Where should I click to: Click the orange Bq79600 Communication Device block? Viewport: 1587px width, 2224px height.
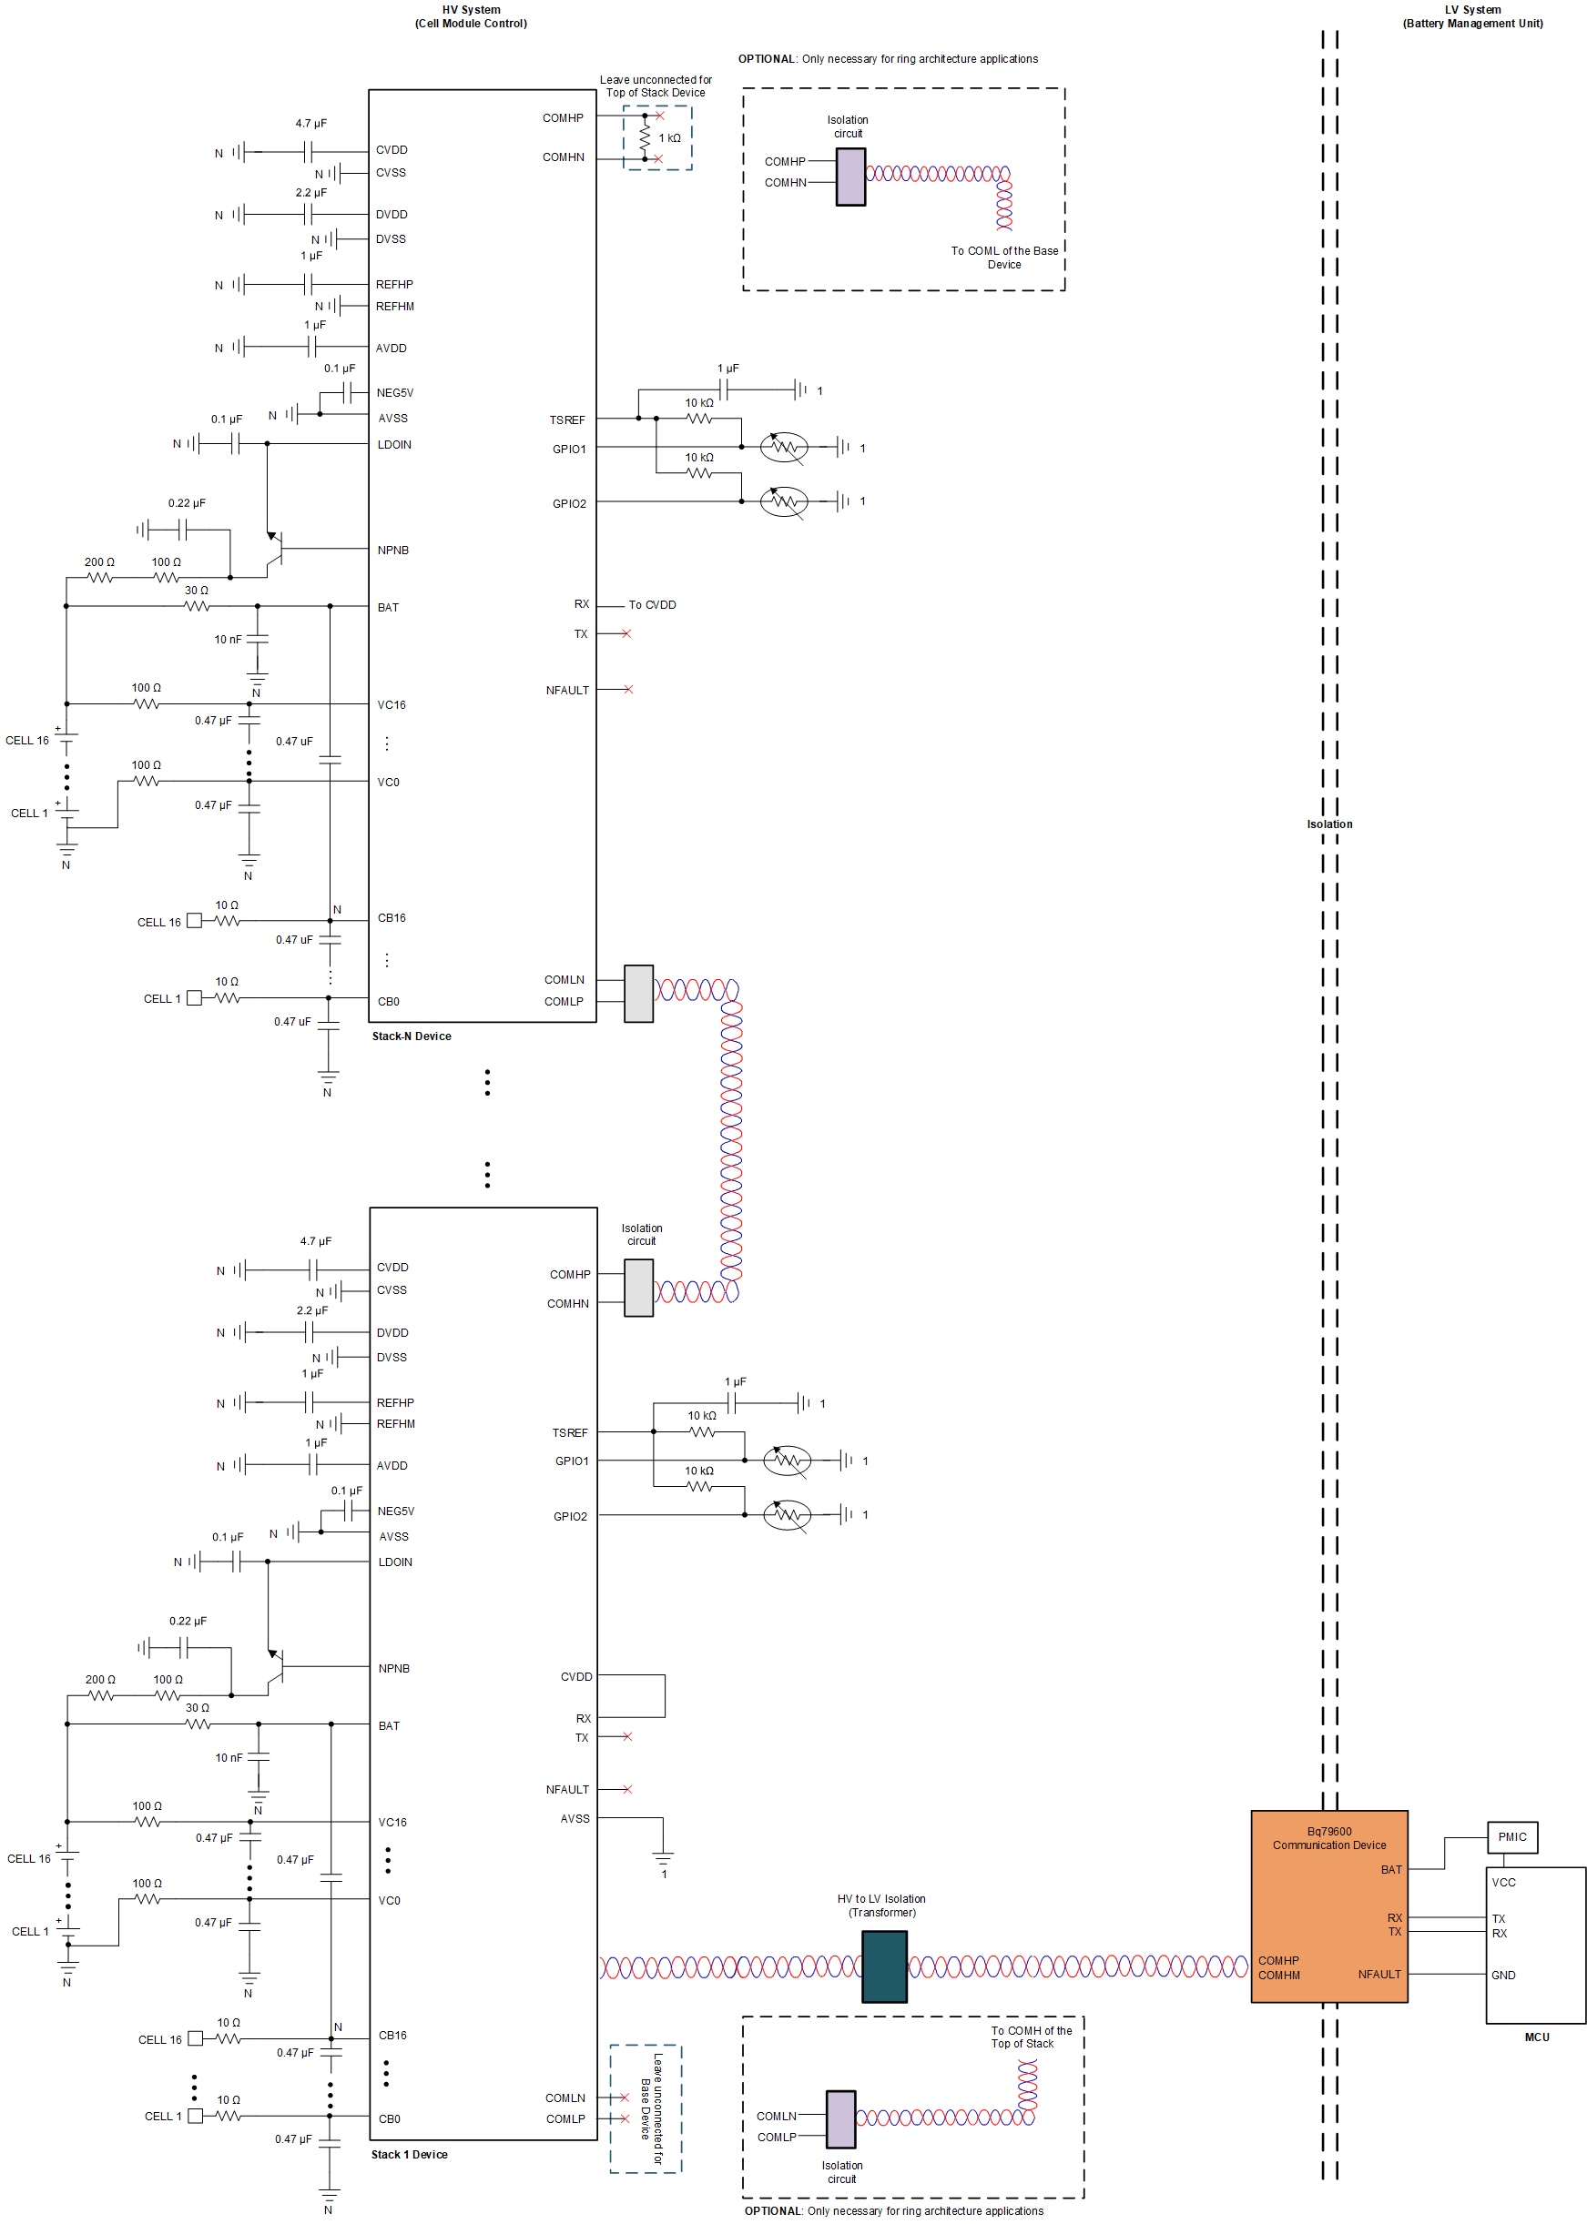1328,1905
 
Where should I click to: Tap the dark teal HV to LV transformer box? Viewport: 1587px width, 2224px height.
883,1966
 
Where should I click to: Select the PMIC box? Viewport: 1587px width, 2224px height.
1511,1836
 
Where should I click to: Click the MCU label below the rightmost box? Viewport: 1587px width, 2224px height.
1536,2037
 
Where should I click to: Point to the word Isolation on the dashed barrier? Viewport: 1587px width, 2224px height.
1329,824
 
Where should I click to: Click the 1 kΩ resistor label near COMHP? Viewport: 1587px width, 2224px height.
669,137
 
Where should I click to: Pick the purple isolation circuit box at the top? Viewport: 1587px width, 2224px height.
850,177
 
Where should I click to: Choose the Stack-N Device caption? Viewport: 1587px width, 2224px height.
411,1036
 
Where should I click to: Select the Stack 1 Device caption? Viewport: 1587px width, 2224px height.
410,2154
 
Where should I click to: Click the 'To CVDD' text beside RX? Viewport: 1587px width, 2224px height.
652,604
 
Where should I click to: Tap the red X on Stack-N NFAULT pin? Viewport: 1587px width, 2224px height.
627,689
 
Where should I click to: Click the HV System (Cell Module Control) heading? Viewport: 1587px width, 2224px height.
470,16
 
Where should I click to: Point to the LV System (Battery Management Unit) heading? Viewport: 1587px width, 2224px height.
1471,16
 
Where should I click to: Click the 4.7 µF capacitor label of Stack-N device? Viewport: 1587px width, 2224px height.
310,123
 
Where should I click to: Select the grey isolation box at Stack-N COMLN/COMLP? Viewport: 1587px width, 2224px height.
638,994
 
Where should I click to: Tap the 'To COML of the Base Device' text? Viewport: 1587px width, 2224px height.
1003,257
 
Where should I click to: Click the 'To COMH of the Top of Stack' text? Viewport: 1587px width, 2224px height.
1030,2037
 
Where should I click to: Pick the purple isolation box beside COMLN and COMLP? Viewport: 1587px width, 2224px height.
840,2118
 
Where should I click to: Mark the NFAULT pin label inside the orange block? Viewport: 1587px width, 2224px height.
1378,1974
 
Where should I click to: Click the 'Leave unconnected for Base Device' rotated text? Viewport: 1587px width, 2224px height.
651,2108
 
